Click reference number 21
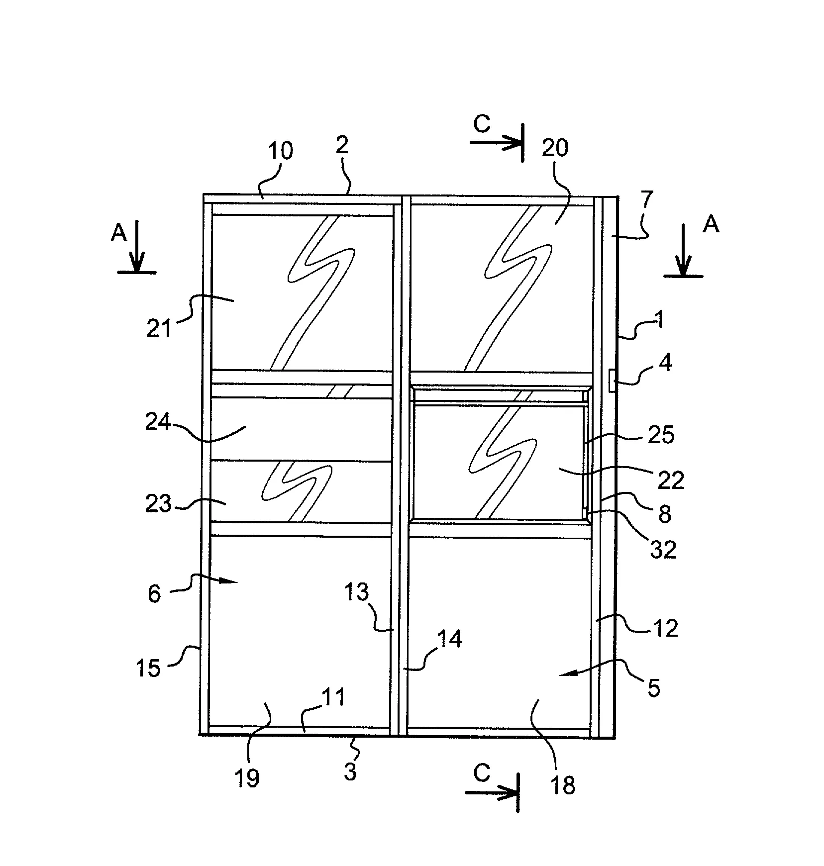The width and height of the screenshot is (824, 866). (x=159, y=329)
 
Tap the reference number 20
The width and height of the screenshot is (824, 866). (x=555, y=148)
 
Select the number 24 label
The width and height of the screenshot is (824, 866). (x=158, y=423)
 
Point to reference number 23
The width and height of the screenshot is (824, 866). (x=158, y=504)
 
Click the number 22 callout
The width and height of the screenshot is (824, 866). (x=671, y=481)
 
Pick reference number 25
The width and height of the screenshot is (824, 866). (x=661, y=435)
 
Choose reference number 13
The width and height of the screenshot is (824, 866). (x=356, y=592)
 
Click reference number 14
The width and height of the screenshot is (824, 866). (x=450, y=639)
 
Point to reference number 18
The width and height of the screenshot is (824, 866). (x=563, y=785)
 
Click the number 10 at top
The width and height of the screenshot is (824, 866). (x=280, y=151)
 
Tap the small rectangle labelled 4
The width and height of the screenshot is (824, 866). (x=613, y=381)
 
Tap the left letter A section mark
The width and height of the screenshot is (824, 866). (x=119, y=232)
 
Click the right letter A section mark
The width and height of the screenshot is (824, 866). (x=711, y=225)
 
